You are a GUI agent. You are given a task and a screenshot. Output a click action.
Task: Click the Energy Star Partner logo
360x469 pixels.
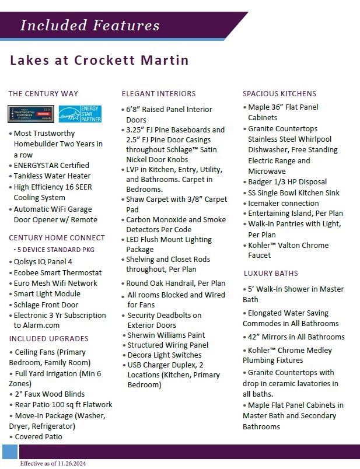pyautogui.click(x=81, y=114)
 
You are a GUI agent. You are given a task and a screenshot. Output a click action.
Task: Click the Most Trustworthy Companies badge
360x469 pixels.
pyautogui.click(x=31, y=114)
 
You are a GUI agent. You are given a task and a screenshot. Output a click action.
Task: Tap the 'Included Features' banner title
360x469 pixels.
pyautogui.click(x=89, y=25)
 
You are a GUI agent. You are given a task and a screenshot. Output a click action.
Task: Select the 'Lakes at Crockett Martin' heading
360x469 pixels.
pyautogui.click(x=99, y=61)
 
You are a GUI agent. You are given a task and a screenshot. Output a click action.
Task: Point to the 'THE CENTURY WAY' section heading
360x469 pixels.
pyautogui.click(x=43, y=93)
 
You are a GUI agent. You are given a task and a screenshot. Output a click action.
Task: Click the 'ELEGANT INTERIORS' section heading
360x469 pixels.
pyautogui.click(x=159, y=93)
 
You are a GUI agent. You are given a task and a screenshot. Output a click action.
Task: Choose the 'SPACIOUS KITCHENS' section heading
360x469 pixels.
pyautogui.click(x=279, y=93)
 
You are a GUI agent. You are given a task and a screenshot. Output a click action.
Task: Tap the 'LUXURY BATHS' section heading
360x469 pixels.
pyautogui.click(x=271, y=273)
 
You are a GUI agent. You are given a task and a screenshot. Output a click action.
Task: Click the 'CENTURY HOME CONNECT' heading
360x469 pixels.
pyautogui.click(x=57, y=237)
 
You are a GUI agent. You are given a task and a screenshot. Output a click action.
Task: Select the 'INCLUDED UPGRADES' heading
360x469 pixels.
pyautogui.click(x=49, y=339)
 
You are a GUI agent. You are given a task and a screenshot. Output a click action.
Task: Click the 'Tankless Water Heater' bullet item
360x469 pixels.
pyautogui.click(x=52, y=176)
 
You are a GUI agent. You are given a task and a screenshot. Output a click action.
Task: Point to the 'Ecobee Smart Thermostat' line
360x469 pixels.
pyautogui.click(x=57, y=272)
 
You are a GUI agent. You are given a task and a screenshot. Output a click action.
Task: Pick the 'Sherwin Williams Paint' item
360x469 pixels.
pyautogui.click(x=166, y=335)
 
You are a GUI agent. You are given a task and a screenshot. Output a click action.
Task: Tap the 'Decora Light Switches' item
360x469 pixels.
pyautogui.click(x=165, y=355)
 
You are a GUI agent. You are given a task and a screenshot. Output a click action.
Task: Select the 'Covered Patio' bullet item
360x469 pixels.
pyautogui.click(x=39, y=436)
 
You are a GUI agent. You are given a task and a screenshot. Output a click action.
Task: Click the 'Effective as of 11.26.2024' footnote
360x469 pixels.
pyautogui.click(x=53, y=463)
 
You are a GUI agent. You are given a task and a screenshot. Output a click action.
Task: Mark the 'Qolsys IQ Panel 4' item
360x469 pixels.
pyautogui.click(x=43, y=261)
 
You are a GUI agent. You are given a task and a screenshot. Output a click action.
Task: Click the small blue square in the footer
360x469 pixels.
pyautogui.click(x=10, y=452)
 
